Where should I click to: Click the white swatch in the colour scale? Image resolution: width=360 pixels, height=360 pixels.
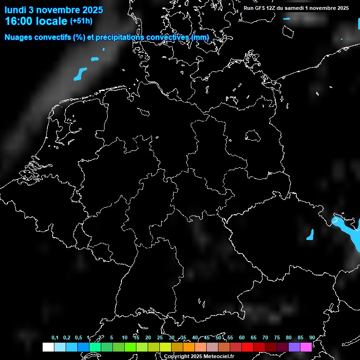pos(48,347)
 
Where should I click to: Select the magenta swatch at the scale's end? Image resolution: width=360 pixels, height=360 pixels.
pos(306,347)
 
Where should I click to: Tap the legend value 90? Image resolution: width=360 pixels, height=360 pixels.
pos(312,338)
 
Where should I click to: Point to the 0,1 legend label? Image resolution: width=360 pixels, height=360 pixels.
pos(55,338)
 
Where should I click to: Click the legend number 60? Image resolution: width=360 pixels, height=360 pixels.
pos(241,338)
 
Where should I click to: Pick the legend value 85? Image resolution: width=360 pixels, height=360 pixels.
pos(300,338)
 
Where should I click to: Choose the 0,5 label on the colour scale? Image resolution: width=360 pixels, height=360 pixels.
pos(78,338)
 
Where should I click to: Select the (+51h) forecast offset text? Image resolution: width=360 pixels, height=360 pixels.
pos(81,21)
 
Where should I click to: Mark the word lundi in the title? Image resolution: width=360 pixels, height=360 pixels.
pos(15,10)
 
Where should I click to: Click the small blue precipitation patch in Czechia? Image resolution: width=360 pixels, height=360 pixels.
pos(310,234)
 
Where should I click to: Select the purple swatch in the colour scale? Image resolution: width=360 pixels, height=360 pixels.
pos(294,347)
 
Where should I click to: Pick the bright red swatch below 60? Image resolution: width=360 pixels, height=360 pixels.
pos(247,347)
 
